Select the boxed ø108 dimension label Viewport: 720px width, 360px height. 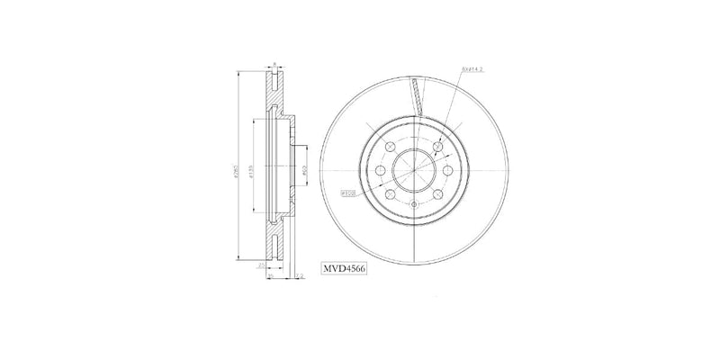pos(348,193)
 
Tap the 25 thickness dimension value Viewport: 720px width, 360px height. pos(262,266)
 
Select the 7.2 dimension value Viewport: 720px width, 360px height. pos(301,277)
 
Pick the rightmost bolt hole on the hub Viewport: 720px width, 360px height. pos(446,167)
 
